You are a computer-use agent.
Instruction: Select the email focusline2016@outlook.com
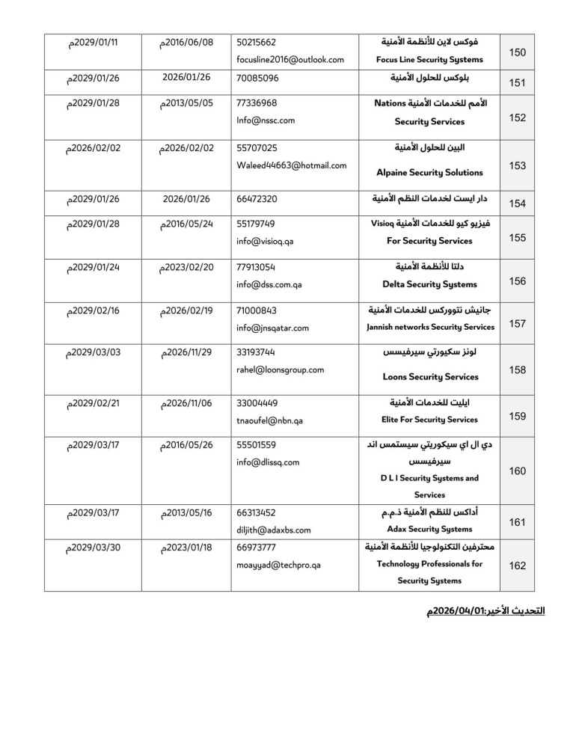[x=289, y=59]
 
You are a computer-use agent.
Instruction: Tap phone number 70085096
[x=257, y=78]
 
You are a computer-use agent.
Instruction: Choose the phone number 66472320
[x=257, y=200]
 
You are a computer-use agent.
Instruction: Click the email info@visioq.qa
[x=265, y=241]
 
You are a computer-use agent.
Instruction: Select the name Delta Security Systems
[x=429, y=284]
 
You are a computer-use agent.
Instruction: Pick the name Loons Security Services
[x=429, y=377]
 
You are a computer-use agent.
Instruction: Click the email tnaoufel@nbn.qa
[x=269, y=420]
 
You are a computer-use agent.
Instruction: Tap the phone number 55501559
[x=257, y=445]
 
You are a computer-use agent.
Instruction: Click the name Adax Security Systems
[x=429, y=530]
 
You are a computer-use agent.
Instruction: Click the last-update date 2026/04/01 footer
[x=485, y=612]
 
